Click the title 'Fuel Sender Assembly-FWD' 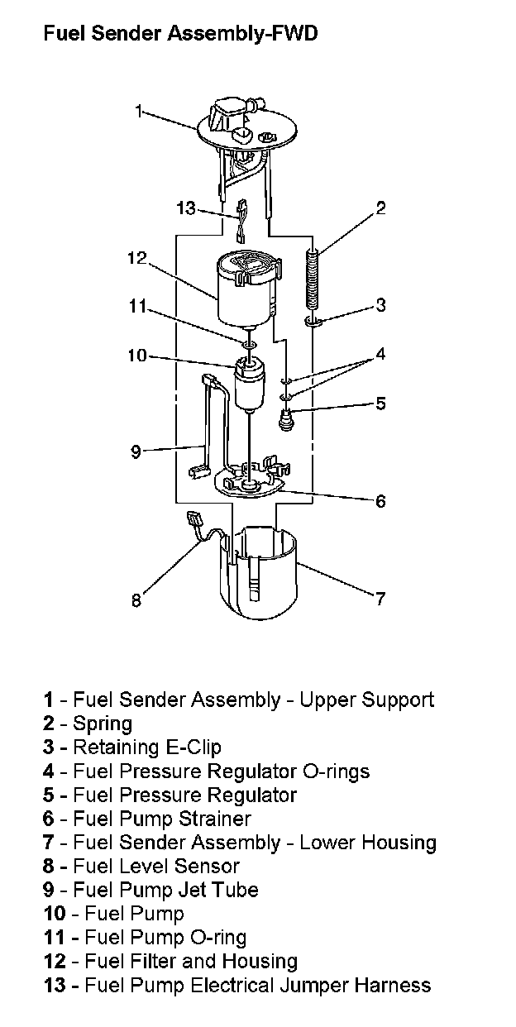(180, 34)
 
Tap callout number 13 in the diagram (186, 208)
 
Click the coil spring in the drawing (312, 277)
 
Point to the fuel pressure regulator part (287, 420)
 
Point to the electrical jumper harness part (241, 221)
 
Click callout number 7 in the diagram (380, 599)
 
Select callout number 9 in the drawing (136, 452)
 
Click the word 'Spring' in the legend (103, 724)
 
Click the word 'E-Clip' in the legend (193, 748)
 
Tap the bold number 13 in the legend (54, 985)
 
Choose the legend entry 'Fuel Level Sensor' (141, 866)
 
